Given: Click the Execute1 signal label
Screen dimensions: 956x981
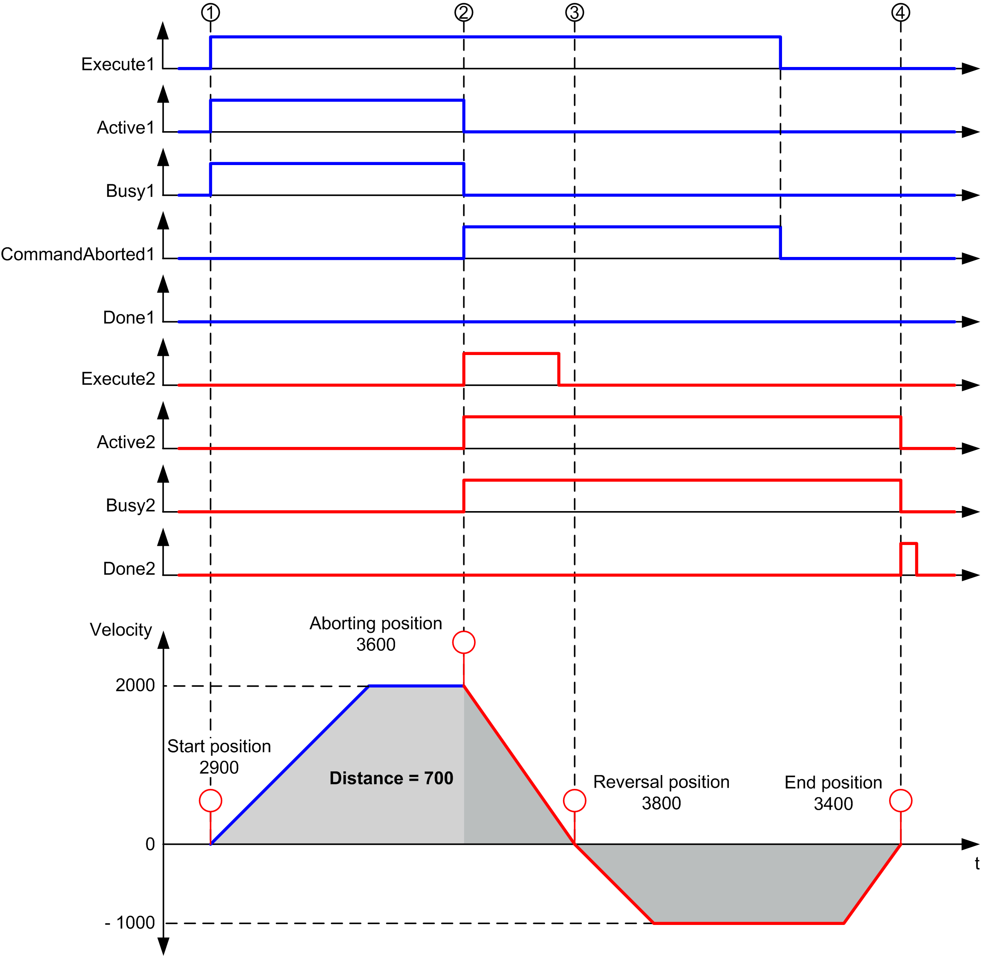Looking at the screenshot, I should (118, 64).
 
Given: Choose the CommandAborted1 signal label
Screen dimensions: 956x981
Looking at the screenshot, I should (78, 254).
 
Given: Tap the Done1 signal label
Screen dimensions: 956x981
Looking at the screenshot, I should (129, 317).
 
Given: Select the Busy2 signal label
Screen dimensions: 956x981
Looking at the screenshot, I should (130, 505).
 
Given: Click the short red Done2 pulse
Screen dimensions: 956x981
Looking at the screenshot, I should (908, 544).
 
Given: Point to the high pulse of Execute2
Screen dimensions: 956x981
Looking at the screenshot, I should (511, 354).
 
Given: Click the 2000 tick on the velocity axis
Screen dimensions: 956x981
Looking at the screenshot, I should (135, 686).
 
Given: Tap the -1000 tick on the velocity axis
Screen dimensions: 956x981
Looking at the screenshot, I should (130, 923).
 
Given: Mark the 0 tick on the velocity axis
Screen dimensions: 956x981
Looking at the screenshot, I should (150, 844).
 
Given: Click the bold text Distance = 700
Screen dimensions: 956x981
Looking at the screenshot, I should (391, 778).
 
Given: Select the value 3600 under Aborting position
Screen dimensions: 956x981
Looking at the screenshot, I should (375, 645).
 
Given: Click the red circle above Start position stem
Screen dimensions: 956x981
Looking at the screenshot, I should (210, 800).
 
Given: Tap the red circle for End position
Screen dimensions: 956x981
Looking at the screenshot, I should (900, 800).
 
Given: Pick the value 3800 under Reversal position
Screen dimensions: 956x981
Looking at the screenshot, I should (661, 803).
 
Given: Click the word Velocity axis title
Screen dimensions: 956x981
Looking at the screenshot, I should (121, 630).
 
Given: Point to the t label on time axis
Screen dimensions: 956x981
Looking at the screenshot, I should (976, 864).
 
